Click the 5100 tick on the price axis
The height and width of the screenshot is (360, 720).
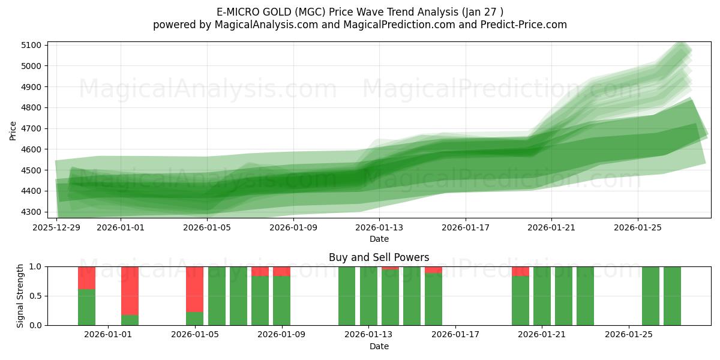point(31,45)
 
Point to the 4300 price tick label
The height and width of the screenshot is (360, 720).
point(31,212)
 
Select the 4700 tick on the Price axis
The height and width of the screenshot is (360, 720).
point(31,128)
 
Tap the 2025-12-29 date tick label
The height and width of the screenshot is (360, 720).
point(56,227)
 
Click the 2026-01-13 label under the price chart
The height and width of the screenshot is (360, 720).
point(379,227)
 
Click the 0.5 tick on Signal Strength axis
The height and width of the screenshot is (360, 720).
point(35,296)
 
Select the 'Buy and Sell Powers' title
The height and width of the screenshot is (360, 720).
point(379,257)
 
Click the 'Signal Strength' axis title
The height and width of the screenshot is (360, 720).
point(20,295)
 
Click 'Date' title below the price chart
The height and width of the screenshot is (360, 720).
point(379,239)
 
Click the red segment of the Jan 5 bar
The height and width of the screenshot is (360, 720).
point(194,289)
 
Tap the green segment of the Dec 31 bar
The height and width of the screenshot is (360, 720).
point(86,307)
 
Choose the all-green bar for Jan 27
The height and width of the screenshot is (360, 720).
point(672,296)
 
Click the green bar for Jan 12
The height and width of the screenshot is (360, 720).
point(347,296)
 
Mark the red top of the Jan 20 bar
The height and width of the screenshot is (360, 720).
point(520,271)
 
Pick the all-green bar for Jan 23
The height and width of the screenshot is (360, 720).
point(585,296)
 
